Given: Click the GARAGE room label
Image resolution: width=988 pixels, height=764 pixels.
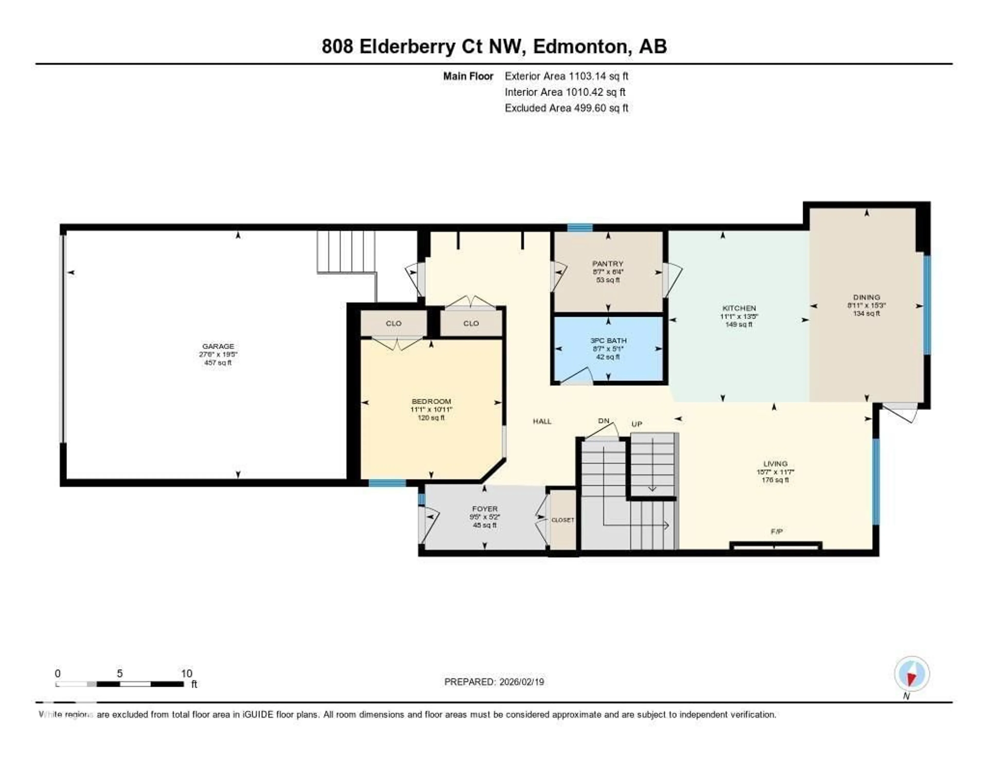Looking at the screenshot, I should click(x=218, y=346).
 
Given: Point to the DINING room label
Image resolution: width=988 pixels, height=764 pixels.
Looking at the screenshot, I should click(x=866, y=297).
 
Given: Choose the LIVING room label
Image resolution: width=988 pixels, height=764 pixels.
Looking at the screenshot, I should click(x=775, y=463).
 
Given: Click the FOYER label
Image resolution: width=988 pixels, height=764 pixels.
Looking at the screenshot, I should click(x=484, y=508).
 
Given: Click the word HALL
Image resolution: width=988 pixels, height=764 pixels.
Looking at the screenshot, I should click(x=542, y=421).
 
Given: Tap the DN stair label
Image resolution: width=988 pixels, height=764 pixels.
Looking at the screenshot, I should click(x=603, y=421).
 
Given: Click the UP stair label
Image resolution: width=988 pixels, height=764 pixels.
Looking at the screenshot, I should click(x=637, y=424).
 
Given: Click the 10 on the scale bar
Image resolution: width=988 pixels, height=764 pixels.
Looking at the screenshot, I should click(x=186, y=673).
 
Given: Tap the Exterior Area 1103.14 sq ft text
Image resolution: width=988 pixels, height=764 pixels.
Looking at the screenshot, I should click(x=566, y=76).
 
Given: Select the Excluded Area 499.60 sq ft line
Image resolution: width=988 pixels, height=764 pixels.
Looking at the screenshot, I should click(x=566, y=108).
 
